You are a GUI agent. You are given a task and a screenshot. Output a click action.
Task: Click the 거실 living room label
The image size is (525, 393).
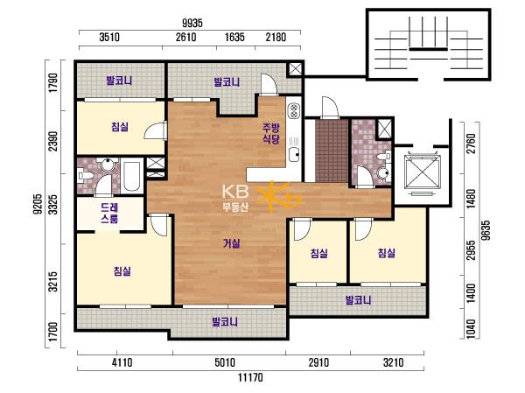click(x=232, y=243)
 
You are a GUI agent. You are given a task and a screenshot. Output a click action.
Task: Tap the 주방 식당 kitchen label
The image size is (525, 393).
click(x=271, y=133)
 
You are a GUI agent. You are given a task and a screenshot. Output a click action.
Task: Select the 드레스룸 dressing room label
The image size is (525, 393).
click(x=109, y=214)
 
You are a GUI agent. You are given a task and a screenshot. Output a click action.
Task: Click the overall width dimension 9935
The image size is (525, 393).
click(x=192, y=23)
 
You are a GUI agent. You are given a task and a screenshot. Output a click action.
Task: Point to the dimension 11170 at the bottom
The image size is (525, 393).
click(x=250, y=377)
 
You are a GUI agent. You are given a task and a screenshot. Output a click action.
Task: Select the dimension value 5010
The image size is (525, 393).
click(x=225, y=362)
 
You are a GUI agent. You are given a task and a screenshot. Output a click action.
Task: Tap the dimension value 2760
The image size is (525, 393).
click(x=471, y=144)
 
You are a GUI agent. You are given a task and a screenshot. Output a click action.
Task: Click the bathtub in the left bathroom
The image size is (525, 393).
click(x=131, y=177)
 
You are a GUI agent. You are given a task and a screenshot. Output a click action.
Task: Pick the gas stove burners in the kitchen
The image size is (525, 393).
click(x=294, y=111)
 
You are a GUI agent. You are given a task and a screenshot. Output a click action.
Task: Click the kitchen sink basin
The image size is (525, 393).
click(x=295, y=154)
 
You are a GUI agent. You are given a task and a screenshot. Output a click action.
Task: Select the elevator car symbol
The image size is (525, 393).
click(x=421, y=172)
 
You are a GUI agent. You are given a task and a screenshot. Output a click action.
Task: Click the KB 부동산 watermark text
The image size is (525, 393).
click(x=235, y=198)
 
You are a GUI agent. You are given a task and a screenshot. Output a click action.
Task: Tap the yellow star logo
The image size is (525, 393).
click(x=278, y=197)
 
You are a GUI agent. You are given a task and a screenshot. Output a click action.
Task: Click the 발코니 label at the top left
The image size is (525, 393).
click(x=119, y=81)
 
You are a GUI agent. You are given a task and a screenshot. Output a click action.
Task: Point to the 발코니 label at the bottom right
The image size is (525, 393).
click(x=358, y=300)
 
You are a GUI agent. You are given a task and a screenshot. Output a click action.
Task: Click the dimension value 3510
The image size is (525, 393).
click(x=109, y=37)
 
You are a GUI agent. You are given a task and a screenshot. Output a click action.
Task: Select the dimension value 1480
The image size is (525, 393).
click(x=471, y=199)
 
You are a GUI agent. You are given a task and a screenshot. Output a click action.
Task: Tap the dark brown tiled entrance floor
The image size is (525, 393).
click(x=332, y=151)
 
